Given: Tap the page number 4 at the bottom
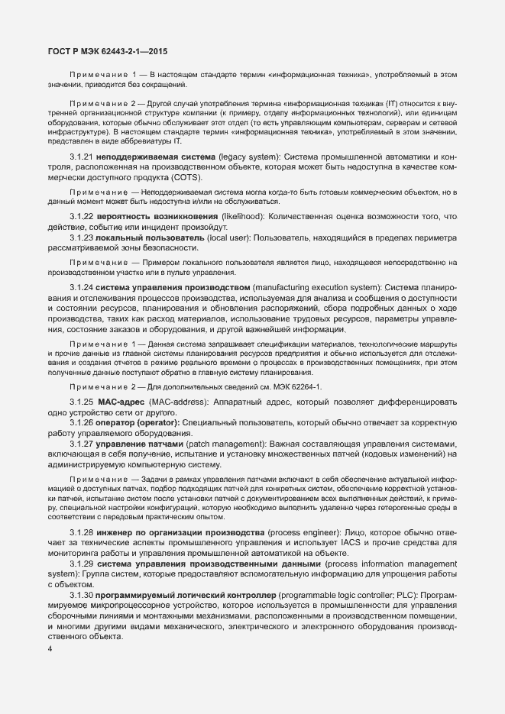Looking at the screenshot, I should pos(50,650).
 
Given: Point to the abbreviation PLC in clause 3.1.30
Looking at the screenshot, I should pos(386,594).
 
